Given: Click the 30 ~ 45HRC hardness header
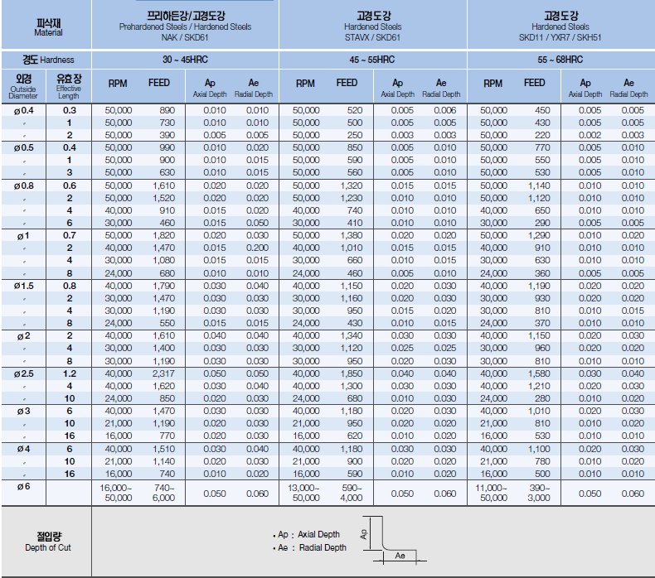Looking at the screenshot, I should coord(185,60).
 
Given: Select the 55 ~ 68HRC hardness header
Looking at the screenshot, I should coord(560,60).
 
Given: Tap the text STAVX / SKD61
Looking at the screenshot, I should coord(373,37).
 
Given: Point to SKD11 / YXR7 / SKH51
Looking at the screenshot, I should coord(560,37).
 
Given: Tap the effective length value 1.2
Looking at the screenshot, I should coord(70,373).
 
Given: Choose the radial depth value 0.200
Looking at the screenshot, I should coord(258,248).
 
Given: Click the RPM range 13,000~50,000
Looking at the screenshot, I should coord(306,493).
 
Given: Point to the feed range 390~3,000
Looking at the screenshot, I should coord(538,493).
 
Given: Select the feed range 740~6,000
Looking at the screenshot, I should coord(163,493).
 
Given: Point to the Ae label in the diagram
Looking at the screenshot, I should coord(400,555).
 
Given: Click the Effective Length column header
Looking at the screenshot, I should coord(69,86).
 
